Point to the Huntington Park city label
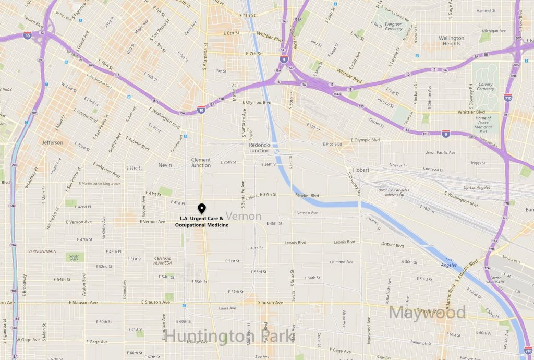229,335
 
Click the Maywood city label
427,313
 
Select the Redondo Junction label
259,147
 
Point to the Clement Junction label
201,163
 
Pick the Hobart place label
360,170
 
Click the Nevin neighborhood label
165,165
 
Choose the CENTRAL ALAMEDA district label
163,261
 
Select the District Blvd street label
392,245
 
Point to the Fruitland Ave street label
341,262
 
